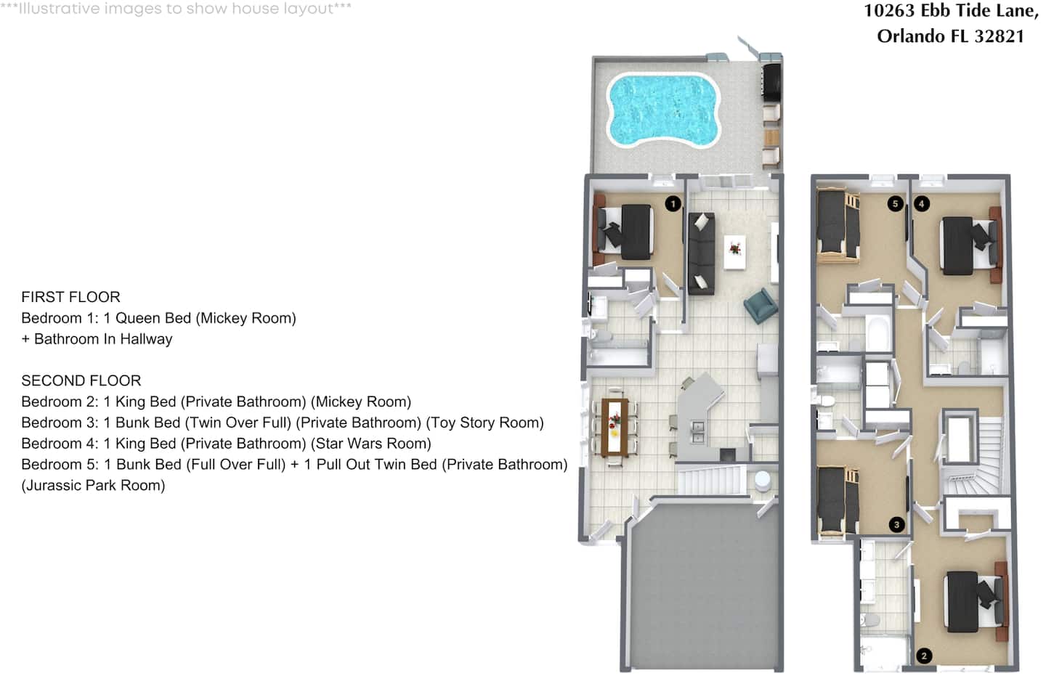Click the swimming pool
click(x=664, y=110)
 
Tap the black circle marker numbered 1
click(x=673, y=204)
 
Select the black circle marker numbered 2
click(x=924, y=656)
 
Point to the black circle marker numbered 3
click(x=896, y=525)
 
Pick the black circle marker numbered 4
click(x=922, y=204)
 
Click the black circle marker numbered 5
click(x=896, y=204)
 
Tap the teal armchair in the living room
click(x=761, y=306)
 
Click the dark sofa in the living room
click(x=702, y=253)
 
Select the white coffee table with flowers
click(x=735, y=253)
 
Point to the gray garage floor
click(x=705, y=586)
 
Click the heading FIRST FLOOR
click(x=71, y=297)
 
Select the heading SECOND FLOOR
click(x=81, y=380)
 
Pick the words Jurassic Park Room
click(x=94, y=486)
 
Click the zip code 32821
click(x=1000, y=36)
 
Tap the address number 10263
click(x=889, y=11)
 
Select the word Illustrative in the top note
click(x=60, y=9)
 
